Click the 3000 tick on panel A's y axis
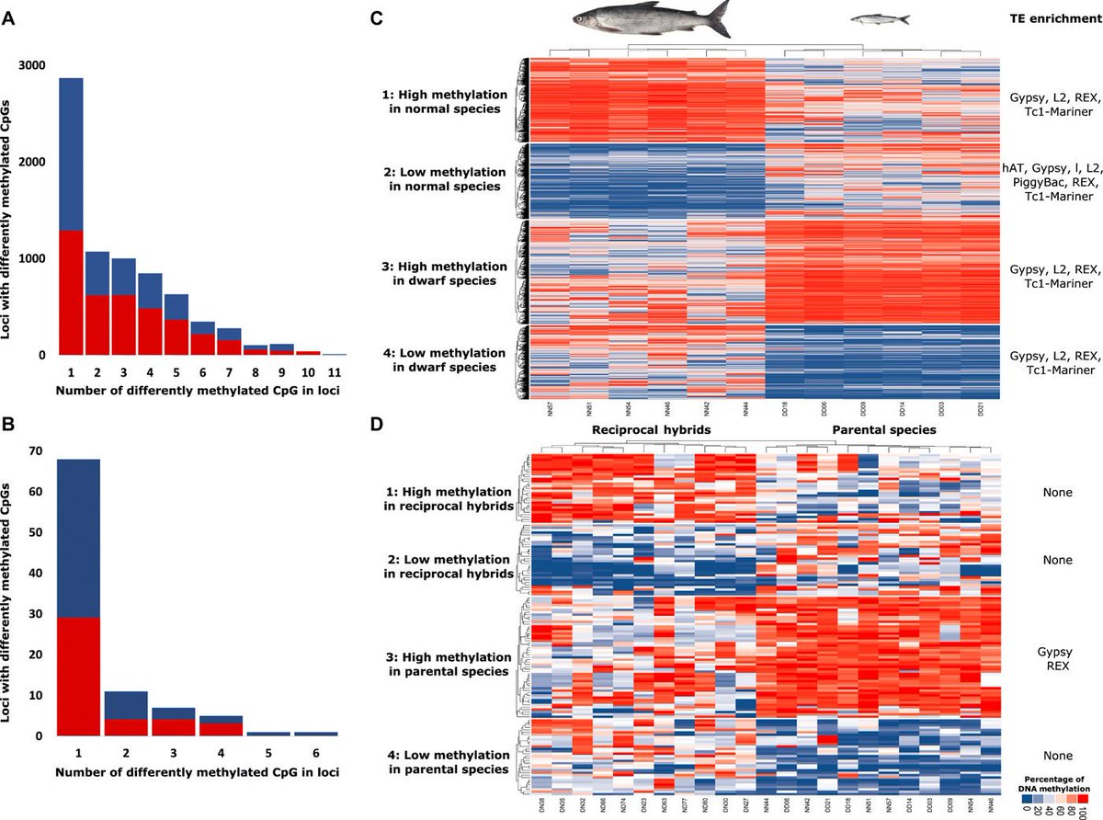[36, 66]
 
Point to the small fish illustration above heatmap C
[880, 18]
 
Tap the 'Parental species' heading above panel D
[884, 429]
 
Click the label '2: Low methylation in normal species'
[440, 179]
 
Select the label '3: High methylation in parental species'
[446, 665]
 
